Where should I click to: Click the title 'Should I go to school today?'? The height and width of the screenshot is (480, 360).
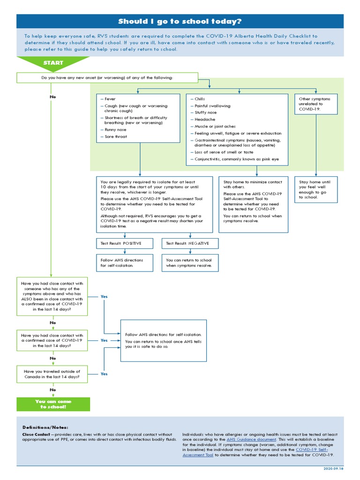[x=180, y=22]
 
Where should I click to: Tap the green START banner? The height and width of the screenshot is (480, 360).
[x=53, y=63]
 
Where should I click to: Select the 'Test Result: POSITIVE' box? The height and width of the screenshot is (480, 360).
[x=125, y=244]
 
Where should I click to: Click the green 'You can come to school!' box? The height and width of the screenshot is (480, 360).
[x=53, y=404]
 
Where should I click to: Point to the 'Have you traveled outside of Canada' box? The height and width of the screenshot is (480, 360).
[x=52, y=374]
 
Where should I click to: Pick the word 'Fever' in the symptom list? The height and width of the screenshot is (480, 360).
[x=110, y=99]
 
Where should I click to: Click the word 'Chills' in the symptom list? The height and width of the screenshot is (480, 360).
[x=199, y=99]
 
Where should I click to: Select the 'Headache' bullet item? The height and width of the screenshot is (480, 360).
[x=202, y=120]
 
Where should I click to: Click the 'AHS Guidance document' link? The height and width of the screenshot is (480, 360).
[x=251, y=439]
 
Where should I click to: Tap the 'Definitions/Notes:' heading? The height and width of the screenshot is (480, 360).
[x=45, y=427]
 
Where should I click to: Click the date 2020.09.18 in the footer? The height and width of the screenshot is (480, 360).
[x=333, y=468]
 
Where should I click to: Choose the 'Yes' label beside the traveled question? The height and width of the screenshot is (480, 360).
[x=104, y=374]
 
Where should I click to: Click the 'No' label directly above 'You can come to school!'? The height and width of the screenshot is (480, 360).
[x=52, y=390]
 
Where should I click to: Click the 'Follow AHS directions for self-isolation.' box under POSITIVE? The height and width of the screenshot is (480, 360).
[x=125, y=262]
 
